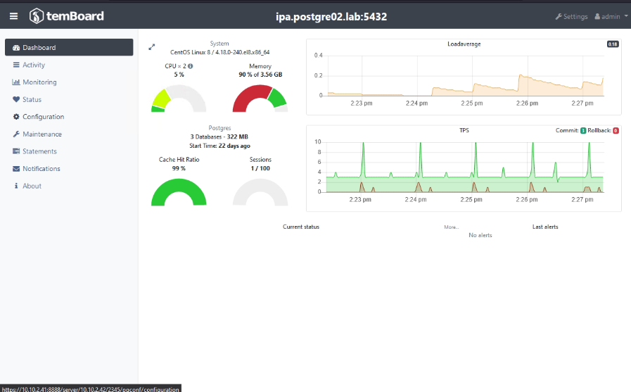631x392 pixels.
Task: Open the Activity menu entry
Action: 33,65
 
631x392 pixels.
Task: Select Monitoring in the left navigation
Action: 39,82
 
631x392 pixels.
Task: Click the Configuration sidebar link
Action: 42,117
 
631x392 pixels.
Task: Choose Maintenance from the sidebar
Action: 42,134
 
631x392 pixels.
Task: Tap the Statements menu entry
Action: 39,151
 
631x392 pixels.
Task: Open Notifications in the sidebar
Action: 41,169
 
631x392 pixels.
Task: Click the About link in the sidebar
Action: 32,186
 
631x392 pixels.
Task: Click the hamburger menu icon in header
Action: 13,16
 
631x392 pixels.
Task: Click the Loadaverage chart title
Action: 464,44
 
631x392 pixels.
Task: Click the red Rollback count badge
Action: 616,130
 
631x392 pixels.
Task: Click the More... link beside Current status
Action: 451,227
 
